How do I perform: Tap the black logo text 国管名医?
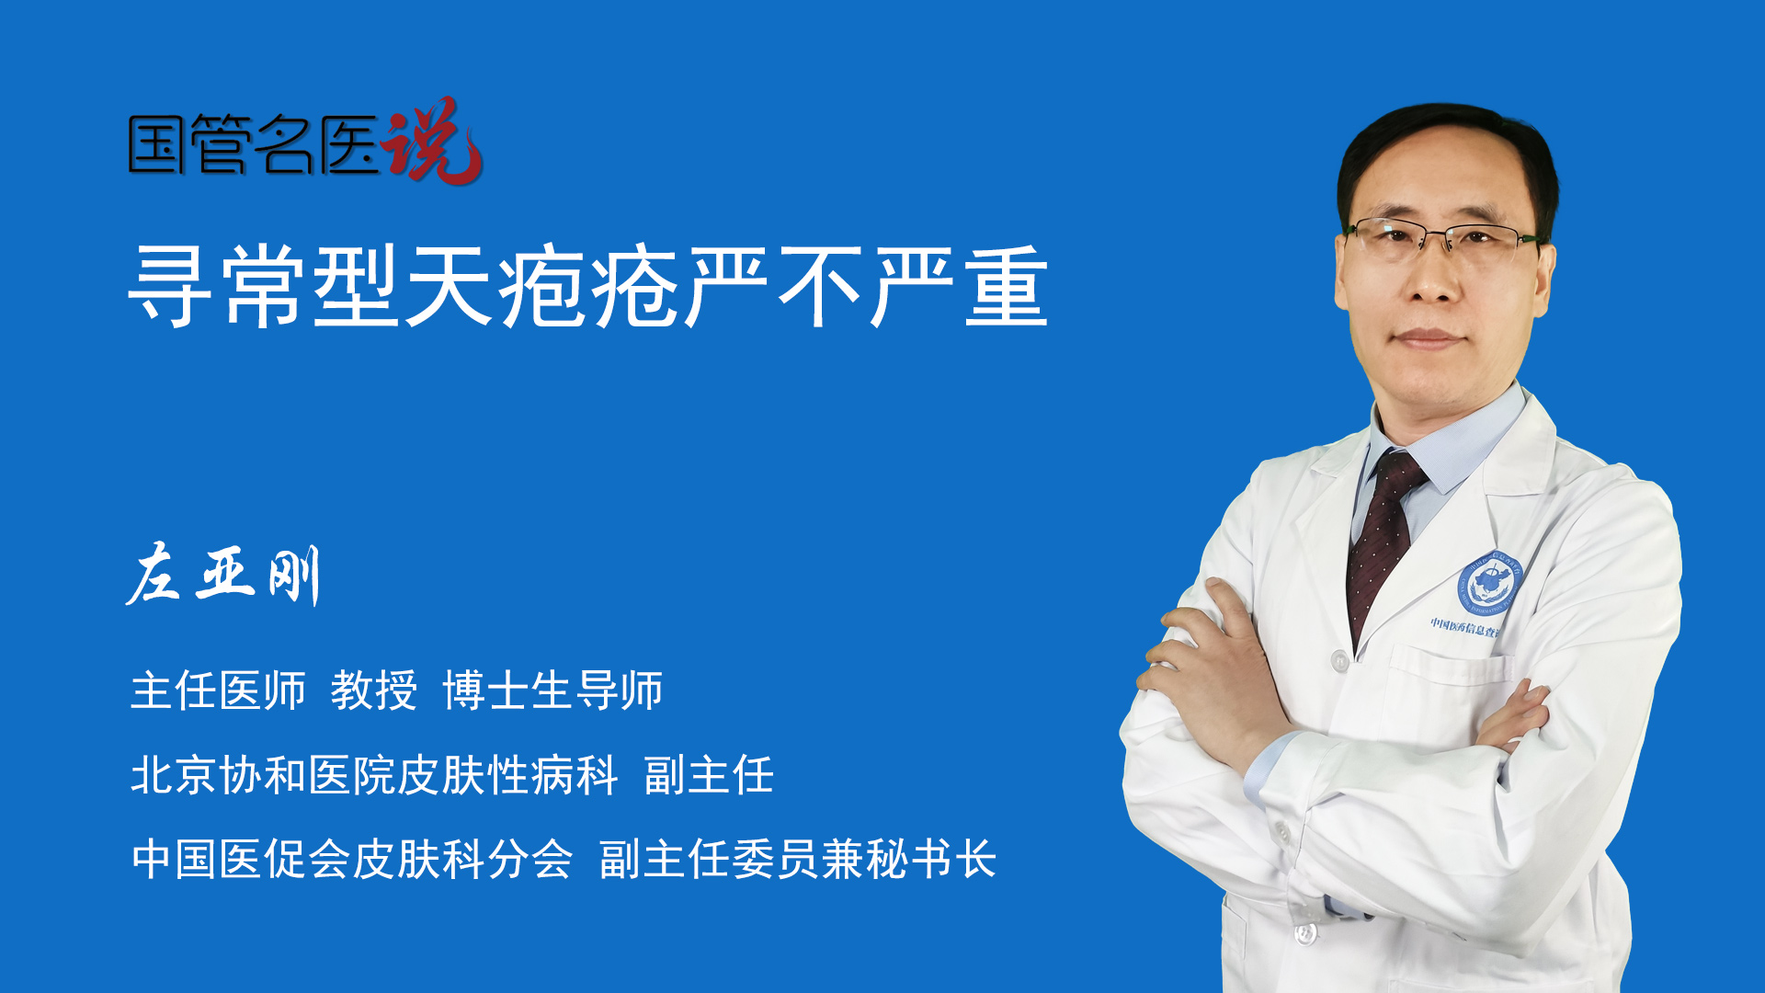click(254, 144)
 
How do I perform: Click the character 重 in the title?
click(1007, 286)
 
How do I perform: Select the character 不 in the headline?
click(820, 286)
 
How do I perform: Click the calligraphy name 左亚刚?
click(223, 575)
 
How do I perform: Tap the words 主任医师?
click(218, 691)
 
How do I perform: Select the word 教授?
click(374, 691)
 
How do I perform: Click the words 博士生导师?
click(552, 691)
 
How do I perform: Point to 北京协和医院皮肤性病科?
click(374, 775)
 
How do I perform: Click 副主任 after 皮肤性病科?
click(709, 775)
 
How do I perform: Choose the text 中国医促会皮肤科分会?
click(352, 860)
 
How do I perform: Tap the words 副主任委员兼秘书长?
click(798, 860)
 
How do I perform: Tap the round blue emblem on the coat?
click(1490, 585)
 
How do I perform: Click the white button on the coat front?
click(1340, 661)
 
